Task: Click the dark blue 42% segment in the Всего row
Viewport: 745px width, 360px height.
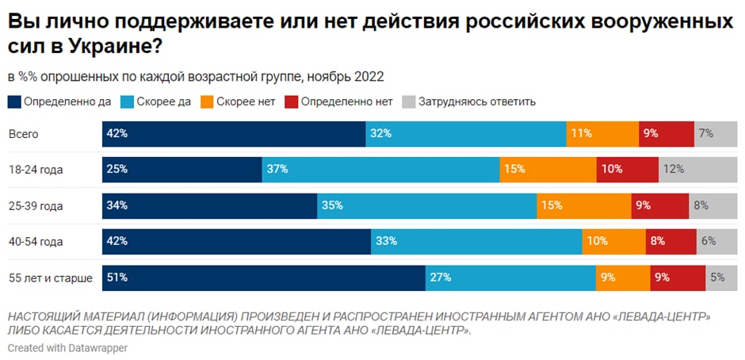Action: pyautogui.click(x=234, y=134)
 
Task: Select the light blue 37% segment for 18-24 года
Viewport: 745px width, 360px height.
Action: pyautogui.click(x=380, y=170)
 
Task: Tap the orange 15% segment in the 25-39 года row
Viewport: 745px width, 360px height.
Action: pyautogui.click(x=584, y=205)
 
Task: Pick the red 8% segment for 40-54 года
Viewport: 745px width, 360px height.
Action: pyautogui.click(x=670, y=242)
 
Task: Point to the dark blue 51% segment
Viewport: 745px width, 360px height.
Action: pyautogui.click(x=264, y=278)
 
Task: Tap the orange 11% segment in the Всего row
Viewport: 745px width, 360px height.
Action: pyautogui.click(x=602, y=134)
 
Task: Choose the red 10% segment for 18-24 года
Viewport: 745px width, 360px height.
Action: pyautogui.click(x=627, y=170)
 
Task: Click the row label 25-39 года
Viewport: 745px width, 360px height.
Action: pyautogui.click(x=36, y=206)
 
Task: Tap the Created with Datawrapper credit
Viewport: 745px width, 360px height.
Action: pyautogui.click(x=67, y=347)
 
